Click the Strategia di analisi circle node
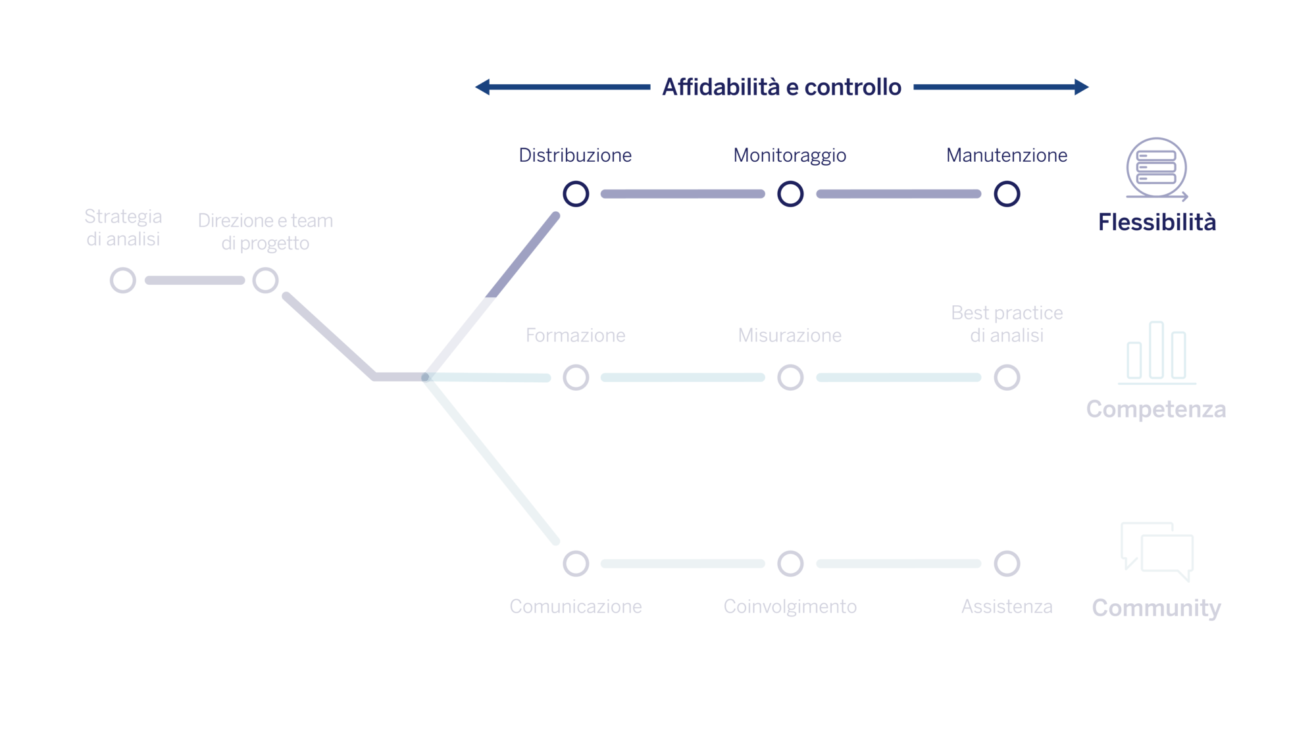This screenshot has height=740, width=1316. (x=123, y=280)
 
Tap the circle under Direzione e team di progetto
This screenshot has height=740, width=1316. (x=266, y=280)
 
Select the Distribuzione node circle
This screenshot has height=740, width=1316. (x=576, y=194)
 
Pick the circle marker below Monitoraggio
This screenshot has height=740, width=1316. (x=790, y=194)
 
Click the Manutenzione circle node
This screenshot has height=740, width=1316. (x=1007, y=194)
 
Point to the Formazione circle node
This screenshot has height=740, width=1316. (x=576, y=378)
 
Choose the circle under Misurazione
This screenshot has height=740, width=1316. (x=790, y=378)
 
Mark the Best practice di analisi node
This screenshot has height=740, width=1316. (x=1007, y=378)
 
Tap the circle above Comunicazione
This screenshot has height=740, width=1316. (x=576, y=564)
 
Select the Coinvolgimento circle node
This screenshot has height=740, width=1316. (x=790, y=564)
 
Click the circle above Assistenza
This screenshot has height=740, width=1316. (x=1007, y=564)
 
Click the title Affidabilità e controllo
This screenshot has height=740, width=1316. (x=782, y=87)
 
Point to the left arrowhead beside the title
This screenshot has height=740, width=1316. (x=483, y=87)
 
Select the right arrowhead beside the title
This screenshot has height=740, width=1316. (x=1081, y=87)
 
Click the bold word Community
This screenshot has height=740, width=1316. (x=1156, y=608)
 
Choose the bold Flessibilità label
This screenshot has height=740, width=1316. (x=1157, y=222)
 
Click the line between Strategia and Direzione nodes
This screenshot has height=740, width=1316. (x=194, y=281)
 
